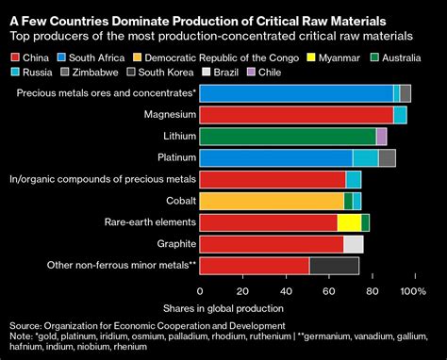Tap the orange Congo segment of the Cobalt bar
[272, 201]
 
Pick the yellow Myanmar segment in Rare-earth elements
[349, 222]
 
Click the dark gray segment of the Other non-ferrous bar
[334, 266]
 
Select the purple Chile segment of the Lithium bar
[381, 136]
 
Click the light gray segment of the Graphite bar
[353, 244]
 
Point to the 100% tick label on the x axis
[413, 291]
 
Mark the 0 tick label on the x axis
[200, 291]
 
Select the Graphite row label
[172, 244]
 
